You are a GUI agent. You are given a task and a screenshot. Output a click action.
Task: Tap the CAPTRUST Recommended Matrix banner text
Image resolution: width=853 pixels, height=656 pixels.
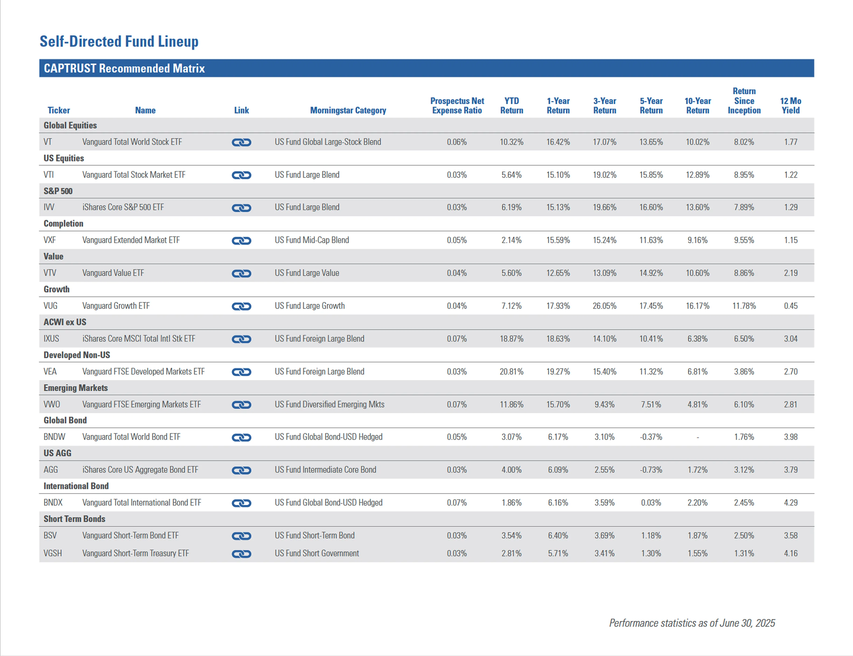124,68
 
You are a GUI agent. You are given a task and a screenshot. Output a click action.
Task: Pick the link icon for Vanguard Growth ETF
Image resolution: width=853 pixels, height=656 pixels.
241,306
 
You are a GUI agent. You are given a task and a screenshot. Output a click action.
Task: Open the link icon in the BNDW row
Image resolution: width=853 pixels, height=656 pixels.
241,437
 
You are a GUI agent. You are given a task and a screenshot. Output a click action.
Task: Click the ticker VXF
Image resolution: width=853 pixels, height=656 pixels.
50,240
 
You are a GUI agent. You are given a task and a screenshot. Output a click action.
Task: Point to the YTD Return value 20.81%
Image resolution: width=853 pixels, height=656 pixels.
511,372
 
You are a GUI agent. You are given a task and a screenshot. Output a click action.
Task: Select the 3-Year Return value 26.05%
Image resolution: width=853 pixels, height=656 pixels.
604,306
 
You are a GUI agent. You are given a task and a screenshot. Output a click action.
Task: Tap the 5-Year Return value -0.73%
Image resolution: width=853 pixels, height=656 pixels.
651,470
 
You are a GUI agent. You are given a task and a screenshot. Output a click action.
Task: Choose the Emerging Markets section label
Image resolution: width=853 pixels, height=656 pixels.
75,388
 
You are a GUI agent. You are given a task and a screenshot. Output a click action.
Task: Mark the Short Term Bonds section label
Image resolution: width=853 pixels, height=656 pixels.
74,519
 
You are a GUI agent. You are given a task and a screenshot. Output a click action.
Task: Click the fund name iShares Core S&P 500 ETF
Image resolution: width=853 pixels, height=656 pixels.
123,207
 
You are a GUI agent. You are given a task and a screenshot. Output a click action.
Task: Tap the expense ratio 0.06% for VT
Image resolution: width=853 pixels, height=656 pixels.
457,142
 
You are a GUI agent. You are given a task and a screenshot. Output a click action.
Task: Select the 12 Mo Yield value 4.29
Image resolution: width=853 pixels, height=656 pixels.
790,502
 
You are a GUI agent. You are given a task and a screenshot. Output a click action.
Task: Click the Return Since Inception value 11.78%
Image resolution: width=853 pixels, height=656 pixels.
744,306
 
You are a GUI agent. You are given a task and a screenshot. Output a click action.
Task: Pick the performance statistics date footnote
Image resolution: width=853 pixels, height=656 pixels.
692,623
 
